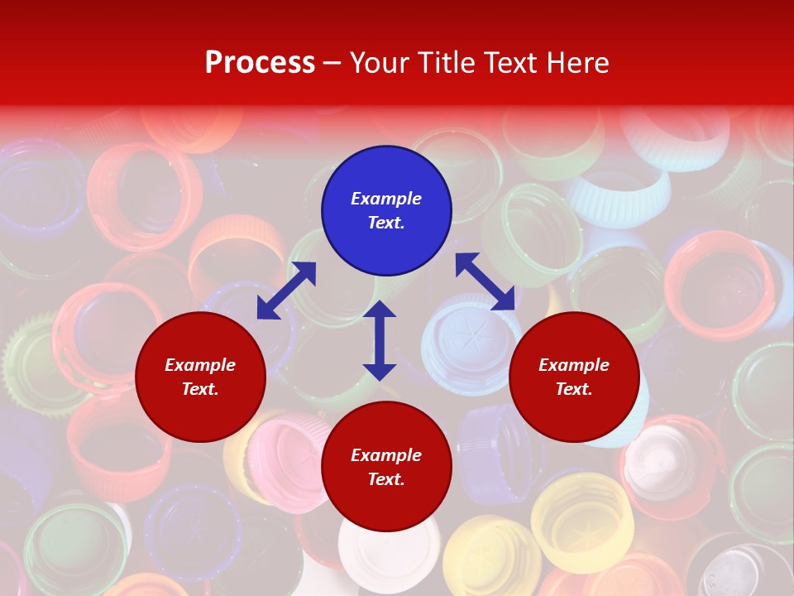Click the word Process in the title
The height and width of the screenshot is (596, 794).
(260, 63)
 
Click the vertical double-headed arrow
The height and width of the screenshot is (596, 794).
(380, 340)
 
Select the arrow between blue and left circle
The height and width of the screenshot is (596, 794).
(286, 290)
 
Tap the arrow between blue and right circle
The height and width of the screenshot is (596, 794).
(485, 281)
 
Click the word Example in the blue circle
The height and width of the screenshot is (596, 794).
(386, 199)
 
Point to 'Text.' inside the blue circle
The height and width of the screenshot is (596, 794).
(386, 223)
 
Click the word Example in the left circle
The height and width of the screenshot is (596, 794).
(200, 365)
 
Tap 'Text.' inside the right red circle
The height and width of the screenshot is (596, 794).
(574, 389)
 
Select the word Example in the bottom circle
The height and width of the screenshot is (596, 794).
(386, 455)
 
